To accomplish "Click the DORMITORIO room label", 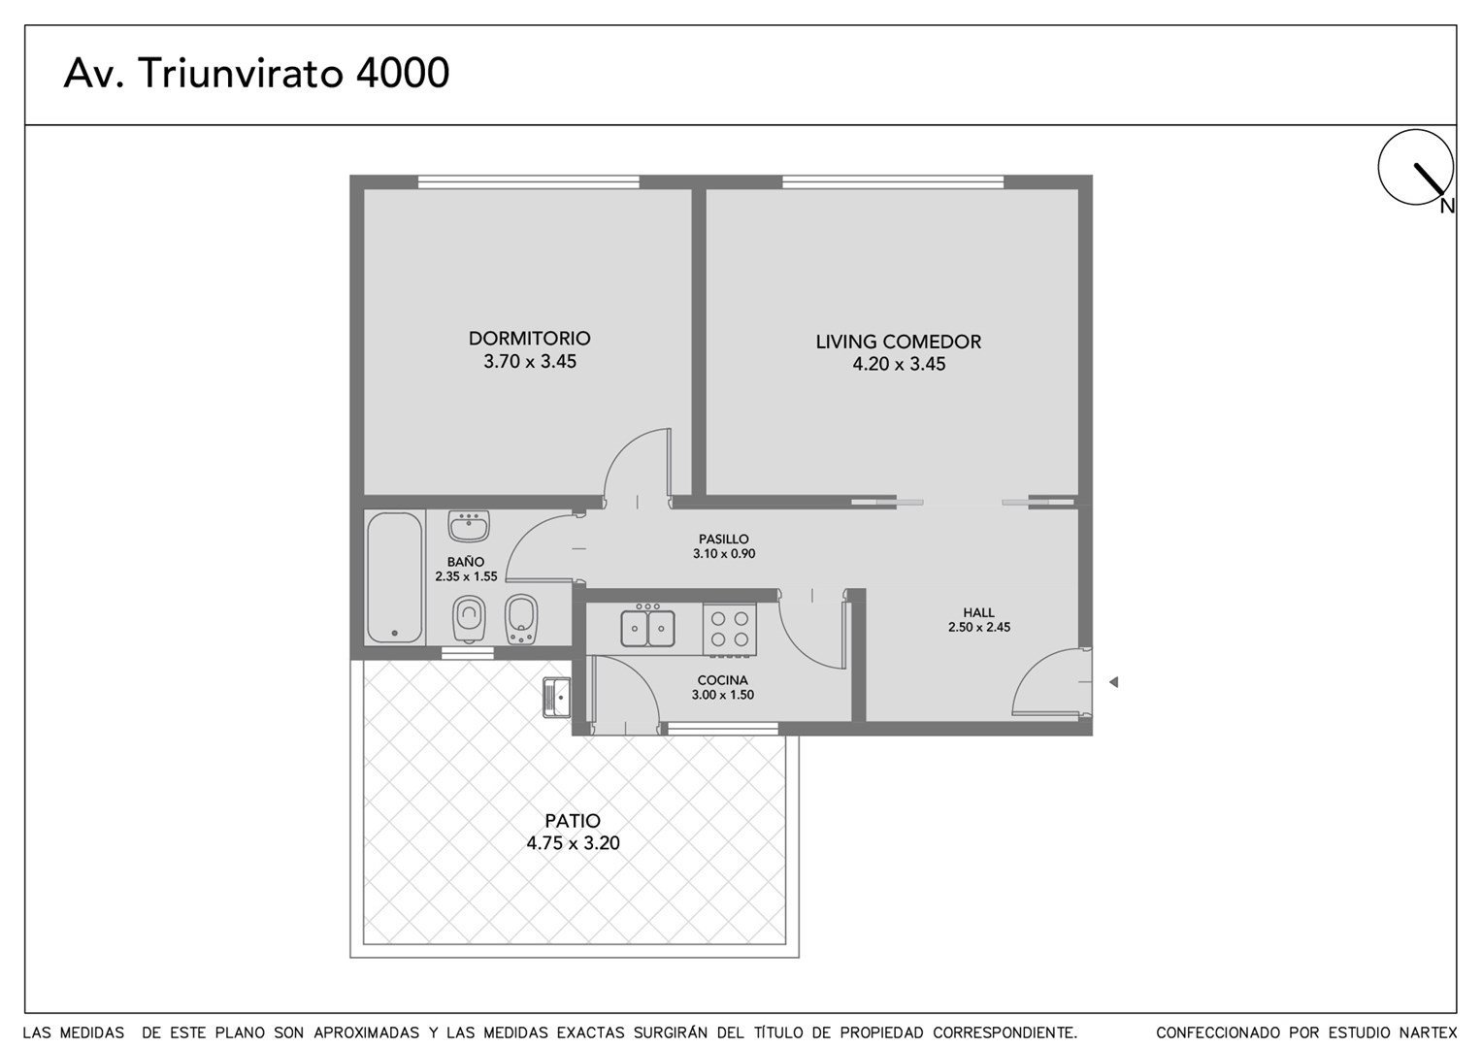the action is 529,338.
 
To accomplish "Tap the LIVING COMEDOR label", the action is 898,342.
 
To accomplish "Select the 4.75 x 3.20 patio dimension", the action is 573,843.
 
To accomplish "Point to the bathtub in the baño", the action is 394,577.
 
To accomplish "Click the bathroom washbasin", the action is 469,526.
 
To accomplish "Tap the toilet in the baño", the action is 469,619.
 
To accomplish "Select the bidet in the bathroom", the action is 521,619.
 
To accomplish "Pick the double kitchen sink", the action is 647,628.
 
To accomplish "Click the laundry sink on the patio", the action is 556,698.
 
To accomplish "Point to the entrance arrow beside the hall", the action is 1113,681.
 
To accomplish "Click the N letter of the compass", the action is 1447,207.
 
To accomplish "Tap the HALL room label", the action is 978,612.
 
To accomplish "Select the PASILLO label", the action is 724,540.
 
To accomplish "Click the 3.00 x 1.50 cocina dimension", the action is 722,695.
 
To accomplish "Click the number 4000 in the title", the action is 403,73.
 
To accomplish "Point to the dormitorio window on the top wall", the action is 529,182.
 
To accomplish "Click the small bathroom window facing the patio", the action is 468,653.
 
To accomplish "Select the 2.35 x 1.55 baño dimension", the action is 466,576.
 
